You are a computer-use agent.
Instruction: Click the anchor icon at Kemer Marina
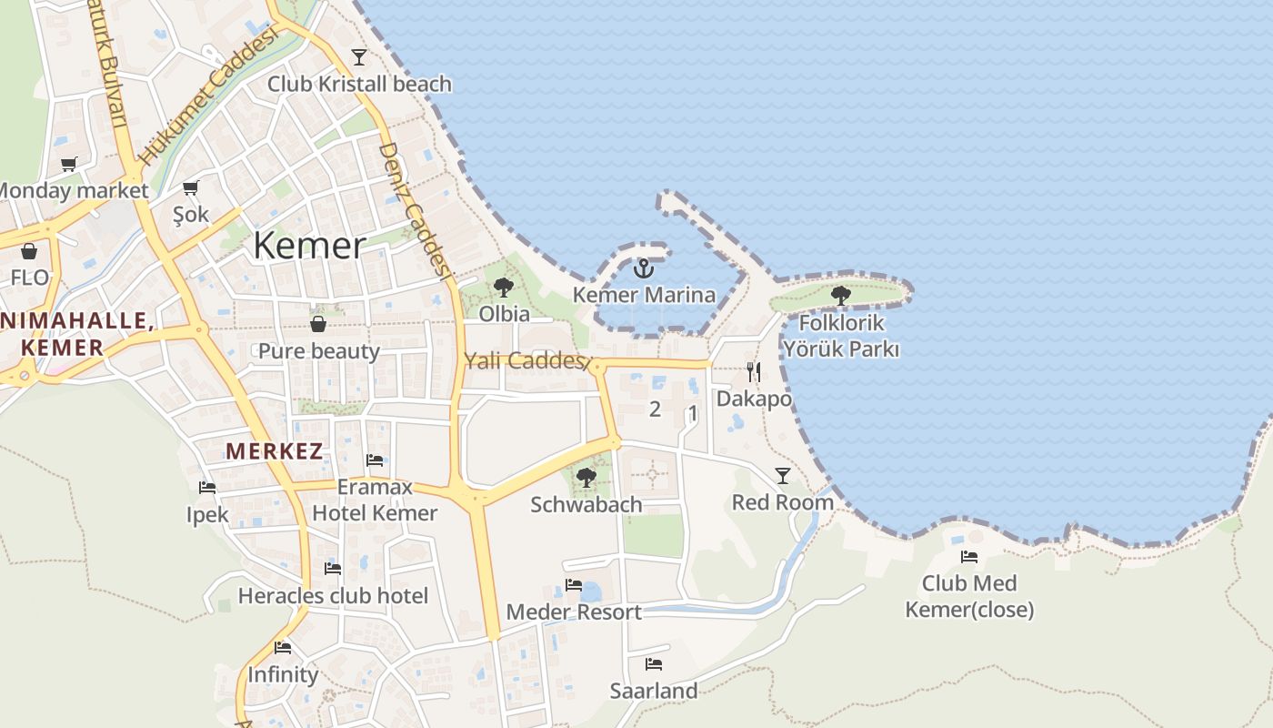click(x=644, y=268)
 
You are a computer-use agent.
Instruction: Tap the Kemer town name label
click(x=309, y=246)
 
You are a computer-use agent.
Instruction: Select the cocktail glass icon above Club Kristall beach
click(x=359, y=57)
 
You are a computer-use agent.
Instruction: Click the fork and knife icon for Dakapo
click(x=754, y=371)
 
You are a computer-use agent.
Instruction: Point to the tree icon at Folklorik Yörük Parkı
click(x=841, y=295)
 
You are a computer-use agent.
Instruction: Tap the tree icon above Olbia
click(x=503, y=288)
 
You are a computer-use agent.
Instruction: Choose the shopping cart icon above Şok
click(x=191, y=187)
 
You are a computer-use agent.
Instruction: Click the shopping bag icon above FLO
click(x=29, y=251)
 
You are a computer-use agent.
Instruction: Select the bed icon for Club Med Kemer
click(x=969, y=556)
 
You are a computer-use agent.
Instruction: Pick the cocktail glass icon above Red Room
click(x=782, y=475)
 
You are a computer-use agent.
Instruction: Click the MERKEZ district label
click(x=274, y=450)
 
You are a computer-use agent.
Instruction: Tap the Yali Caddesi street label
click(x=523, y=360)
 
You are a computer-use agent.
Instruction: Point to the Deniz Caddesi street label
click(x=416, y=210)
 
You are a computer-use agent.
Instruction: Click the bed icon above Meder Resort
click(x=573, y=585)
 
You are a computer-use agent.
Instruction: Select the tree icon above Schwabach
click(x=586, y=477)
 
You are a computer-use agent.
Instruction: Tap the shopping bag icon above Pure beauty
click(x=318, y=324)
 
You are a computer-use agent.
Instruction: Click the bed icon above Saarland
click(x=653, y=664)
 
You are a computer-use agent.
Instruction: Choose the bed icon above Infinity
click(x=283, y=648)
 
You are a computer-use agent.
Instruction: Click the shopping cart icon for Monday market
click(x=69, y=164)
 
